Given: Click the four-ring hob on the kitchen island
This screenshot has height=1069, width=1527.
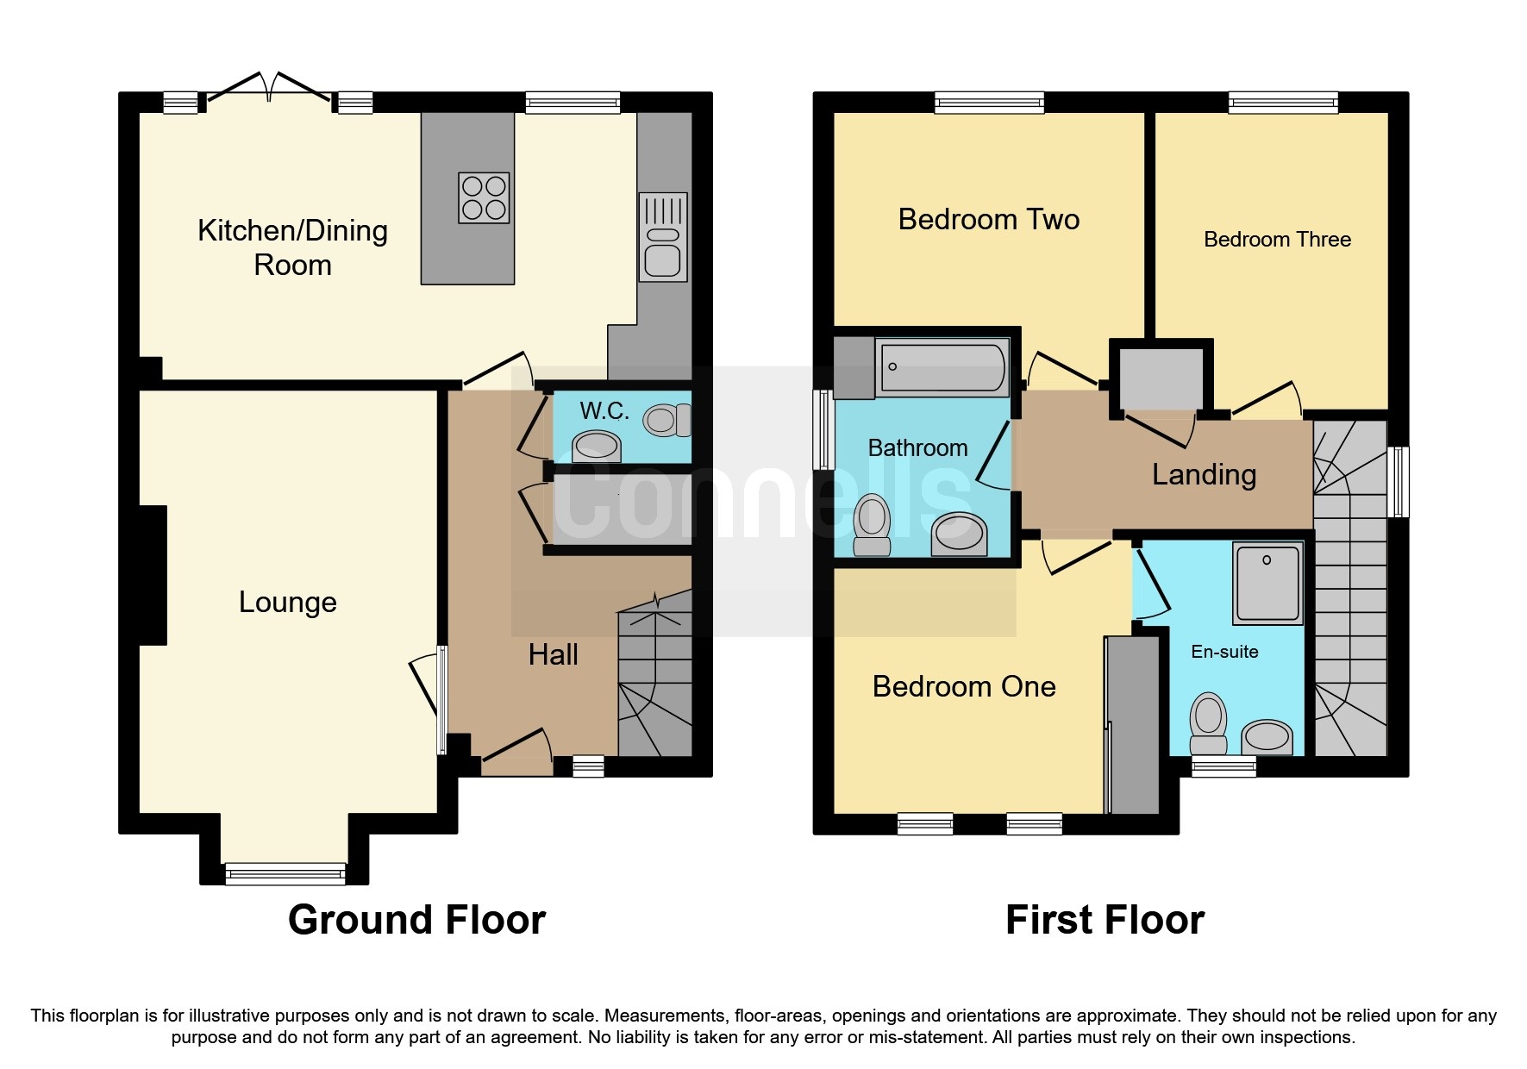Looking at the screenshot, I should tap(484, 198).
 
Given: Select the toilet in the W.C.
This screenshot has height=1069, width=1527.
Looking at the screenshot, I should tap(667, 420).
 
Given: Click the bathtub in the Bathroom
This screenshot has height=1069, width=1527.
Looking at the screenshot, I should tap(942, 367).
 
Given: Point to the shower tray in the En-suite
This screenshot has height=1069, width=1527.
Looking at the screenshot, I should tap(1267, 583).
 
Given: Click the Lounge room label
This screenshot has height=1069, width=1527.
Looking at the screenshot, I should tap(287, 602).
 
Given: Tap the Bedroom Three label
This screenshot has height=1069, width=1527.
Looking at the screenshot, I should tap(1277, 240).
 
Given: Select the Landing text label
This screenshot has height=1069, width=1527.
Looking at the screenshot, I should tap(1204, 474).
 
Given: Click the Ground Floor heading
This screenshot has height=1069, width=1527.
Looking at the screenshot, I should tap(416, 920).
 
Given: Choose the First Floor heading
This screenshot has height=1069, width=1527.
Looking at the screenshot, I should tap(1105, 920).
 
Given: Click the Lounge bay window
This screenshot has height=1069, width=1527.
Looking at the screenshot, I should tap(285, 874).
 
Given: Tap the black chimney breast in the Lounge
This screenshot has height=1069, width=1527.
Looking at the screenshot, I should tap(153, 575).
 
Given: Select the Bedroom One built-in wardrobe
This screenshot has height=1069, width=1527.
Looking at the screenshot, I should tap(1133, 725).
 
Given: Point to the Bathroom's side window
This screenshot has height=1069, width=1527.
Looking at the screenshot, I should tap(823, 429).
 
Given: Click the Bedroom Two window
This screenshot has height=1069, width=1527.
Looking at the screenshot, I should tap(989, 103).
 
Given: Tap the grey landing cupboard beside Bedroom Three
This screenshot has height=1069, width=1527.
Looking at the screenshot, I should tap(1161, 378).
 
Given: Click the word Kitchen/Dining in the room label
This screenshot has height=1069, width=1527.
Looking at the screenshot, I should tap(292, 231).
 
